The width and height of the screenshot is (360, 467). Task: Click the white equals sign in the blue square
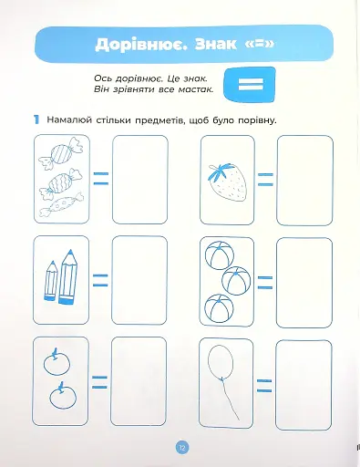point(251,84)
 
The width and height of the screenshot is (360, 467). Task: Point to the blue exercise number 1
point(36,119)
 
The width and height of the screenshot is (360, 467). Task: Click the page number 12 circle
point(182,447)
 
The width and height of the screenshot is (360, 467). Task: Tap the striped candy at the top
point(61,153)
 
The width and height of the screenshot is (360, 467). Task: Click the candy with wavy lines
point(61,182)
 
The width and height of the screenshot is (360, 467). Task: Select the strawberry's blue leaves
point(220,172)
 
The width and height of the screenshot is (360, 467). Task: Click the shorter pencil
point(51,281)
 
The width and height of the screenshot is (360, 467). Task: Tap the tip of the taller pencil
point(70,250)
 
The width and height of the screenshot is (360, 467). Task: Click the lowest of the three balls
point(219,309)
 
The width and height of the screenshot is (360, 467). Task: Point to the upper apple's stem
point(55,353)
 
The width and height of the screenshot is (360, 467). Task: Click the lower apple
point(63,397)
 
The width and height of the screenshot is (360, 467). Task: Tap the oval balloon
point(221,362)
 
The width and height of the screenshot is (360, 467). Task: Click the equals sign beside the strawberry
point(265,180)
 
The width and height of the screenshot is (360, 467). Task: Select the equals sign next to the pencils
point(100,280)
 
